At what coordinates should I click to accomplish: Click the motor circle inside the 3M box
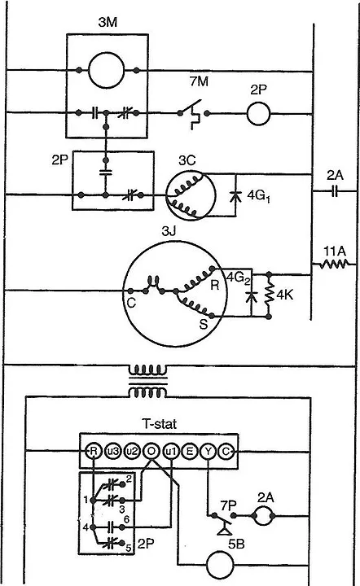tap(106, 69)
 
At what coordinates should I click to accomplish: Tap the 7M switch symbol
tap(193, 114)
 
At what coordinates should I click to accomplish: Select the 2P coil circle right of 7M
tap(258, 114)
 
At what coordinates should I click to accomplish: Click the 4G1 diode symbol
tap(235, 196)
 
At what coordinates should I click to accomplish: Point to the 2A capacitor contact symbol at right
tap(335, 191)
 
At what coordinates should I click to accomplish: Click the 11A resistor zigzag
tap(334, 265)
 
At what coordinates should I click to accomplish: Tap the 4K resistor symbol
tap(269, 295)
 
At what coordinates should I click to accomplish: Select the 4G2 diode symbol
tap(252, 297)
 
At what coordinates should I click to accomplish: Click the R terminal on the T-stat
tap(94, 452)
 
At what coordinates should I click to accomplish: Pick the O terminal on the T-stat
tap(151, 452)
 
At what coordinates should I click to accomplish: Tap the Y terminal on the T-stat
tap(208, 452)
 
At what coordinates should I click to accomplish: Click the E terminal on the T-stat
tap(190, 452)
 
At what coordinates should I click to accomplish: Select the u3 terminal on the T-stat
tap(112, 452)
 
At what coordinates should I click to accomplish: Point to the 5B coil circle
tap(220, 565)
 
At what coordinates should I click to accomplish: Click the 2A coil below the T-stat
tap(264, 516)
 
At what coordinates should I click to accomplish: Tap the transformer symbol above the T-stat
tap(148, 381)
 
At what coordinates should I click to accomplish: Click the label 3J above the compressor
tap(169, 232)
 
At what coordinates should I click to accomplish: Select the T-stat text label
tap(160, 424)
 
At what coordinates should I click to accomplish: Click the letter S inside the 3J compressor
tap(204, 324)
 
